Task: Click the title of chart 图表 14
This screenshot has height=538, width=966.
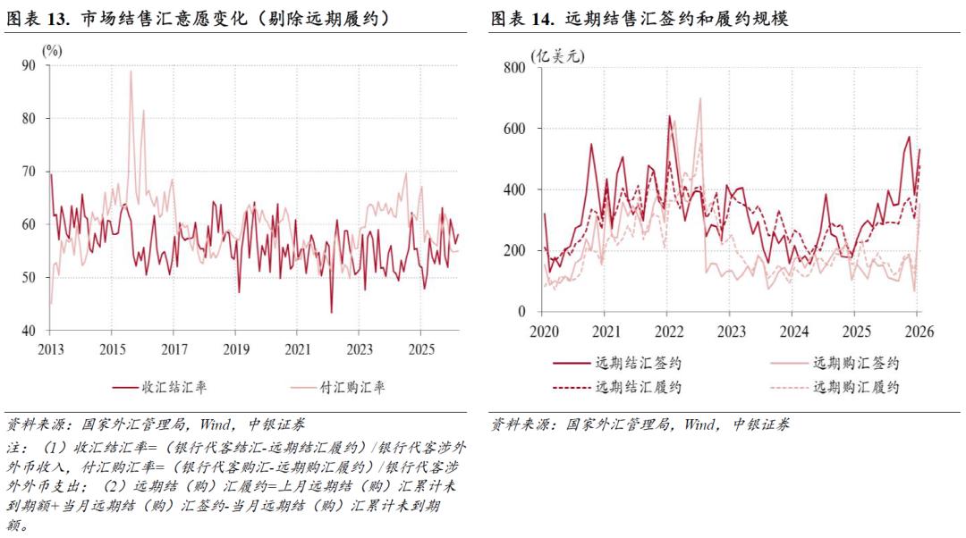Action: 638,19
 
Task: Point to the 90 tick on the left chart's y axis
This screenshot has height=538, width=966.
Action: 29,65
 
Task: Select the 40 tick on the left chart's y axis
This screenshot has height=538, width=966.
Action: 29,331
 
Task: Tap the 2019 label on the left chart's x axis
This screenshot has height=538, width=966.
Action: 235,349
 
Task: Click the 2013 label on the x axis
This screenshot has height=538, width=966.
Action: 49,349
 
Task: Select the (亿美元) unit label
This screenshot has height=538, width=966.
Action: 556,55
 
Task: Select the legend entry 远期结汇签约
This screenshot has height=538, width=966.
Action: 639,363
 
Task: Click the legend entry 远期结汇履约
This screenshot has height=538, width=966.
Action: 639,387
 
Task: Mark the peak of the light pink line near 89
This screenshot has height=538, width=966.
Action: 131,71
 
